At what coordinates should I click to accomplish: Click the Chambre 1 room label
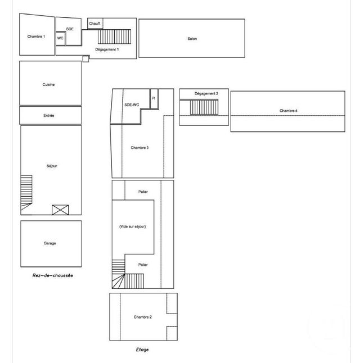(36, 37)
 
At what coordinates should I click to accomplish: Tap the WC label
(60, 38)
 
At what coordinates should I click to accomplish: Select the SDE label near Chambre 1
(70, 29)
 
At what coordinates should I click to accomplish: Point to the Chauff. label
(94, 23)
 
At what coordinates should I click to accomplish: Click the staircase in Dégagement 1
(115, 37)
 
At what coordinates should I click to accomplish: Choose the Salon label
(192, 39)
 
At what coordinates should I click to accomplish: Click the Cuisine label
(48, 84)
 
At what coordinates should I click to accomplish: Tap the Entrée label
(49, 115)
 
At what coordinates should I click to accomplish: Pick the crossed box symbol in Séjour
(60, 210)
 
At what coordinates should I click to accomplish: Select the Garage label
(50, 243)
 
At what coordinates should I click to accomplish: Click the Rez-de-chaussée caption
(53, 275)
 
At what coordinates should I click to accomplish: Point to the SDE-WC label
(132, 105)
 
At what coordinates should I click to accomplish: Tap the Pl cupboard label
(153, 98)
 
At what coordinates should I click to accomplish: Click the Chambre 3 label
(139, 148)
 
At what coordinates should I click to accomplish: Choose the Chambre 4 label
(289, 111)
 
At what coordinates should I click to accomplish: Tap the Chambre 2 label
(142, 317)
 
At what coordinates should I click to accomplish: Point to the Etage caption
(142, 350)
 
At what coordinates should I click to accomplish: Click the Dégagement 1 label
(107, 49)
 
